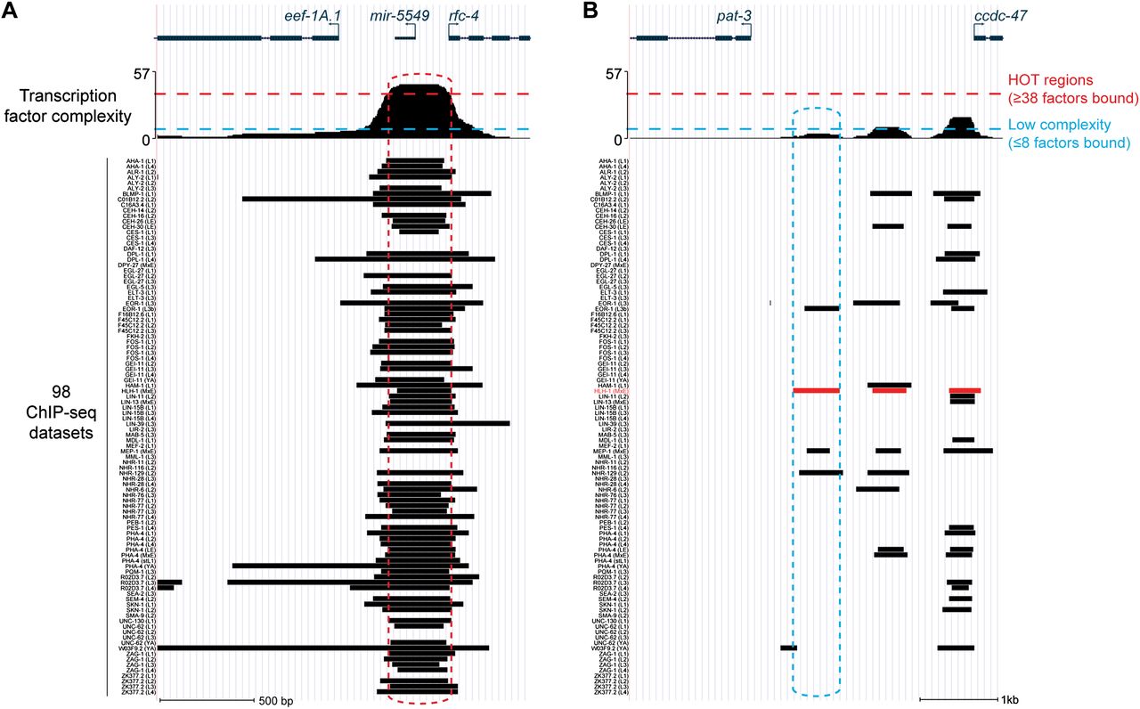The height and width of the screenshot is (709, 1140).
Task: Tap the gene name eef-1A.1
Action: pos(313,15)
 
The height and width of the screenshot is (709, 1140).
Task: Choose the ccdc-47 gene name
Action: pos(988,15)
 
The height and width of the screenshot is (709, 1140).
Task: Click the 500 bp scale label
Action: pos(275,700)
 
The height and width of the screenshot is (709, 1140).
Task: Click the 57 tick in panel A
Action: pos(141,74)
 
